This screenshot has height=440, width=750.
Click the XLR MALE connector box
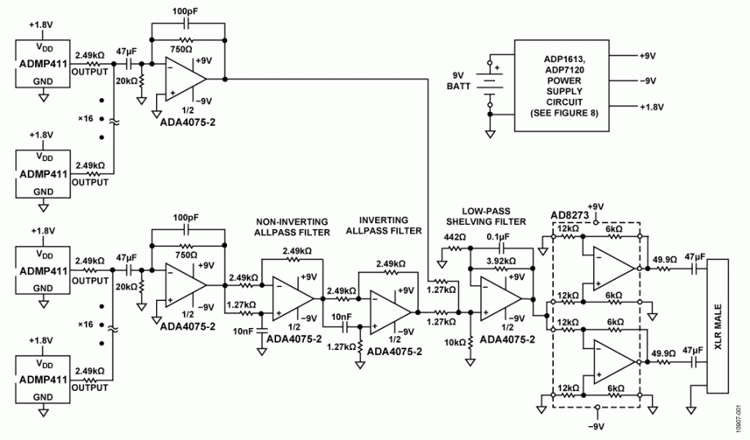tap(717, 326)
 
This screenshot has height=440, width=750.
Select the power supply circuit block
tap(561, 85)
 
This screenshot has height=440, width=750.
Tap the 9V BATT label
tap(458, 81)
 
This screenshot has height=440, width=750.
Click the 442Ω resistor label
tap(454, 237)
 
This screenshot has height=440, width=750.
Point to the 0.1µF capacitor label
tap(498, 236)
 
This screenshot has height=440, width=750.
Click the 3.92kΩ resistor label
tap(501, 261)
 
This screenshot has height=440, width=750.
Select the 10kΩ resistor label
tap(455, 343)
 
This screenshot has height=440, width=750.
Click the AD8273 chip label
tap(569, 215)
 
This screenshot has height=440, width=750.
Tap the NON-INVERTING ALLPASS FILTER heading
tap(292, 227)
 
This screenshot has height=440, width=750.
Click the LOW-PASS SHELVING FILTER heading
tap(486, 216)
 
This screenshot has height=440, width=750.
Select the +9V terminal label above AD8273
tap(596, 206)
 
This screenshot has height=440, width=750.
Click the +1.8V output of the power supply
tap(651, 107)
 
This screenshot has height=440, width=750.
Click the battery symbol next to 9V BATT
tap(489, 83)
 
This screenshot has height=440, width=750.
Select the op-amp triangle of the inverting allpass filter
tap(391, 312)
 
